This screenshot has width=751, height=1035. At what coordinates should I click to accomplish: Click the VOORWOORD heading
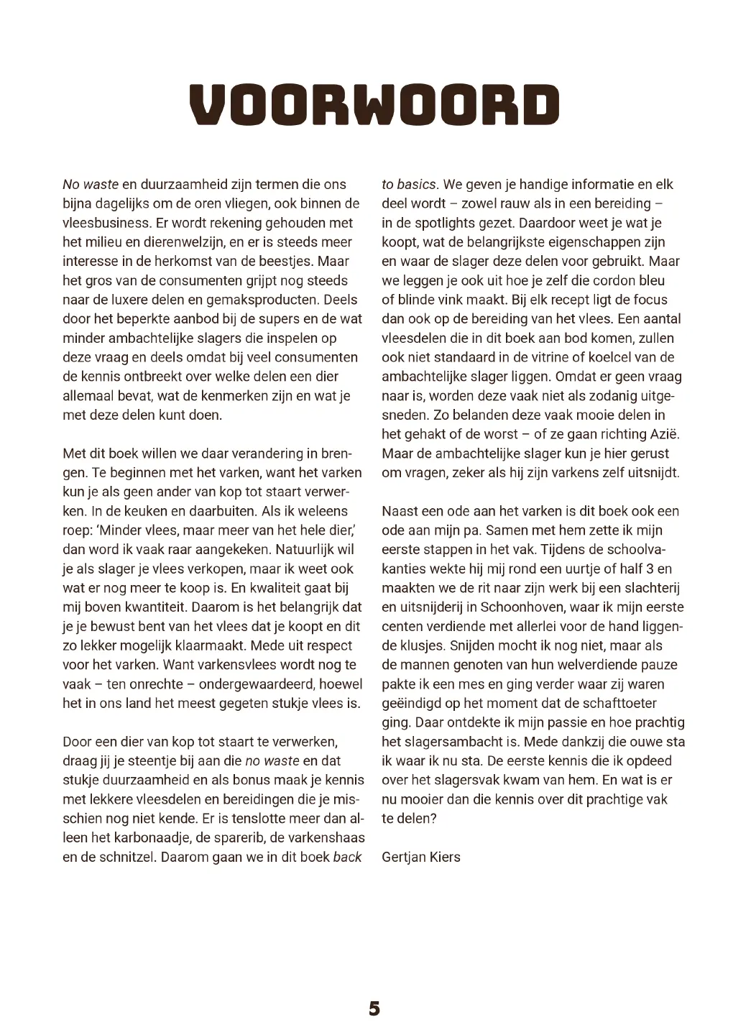[x=374, y=105]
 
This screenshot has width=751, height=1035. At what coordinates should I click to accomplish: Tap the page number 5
[x=374, y=1008]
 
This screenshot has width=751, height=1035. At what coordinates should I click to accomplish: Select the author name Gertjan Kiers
[x=421, y=857]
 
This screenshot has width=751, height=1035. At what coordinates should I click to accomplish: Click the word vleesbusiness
[x=107, y=223]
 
